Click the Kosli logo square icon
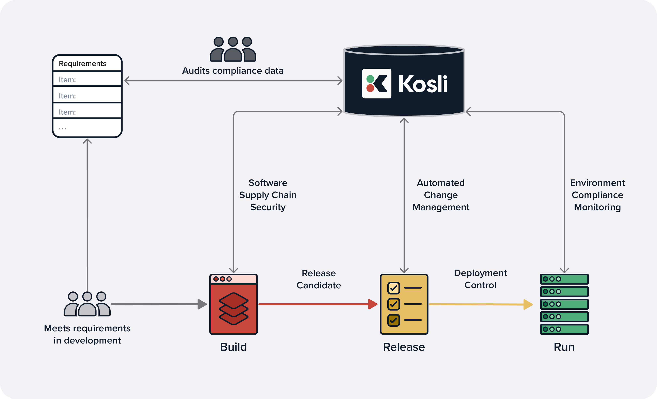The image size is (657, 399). (x=376, y=83)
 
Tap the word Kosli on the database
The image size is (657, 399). (x=423, y=84)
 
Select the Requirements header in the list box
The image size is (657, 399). (x=83, y=63)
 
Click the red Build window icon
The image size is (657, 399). (x=233, y=304)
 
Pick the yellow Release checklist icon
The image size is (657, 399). (x=404, y=304)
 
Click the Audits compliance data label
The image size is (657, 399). (x=233, y=71)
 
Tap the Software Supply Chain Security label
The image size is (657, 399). (x=268, y=195)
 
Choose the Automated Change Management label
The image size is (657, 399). (x=441, y=195)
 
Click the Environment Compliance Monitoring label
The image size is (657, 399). (x=597, y=195)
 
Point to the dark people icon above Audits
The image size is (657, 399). (x=233, y=49)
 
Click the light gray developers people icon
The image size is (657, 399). (x=87, y=304)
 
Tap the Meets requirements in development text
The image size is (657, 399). (x=87, y=334)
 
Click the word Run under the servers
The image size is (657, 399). (x=564, y=347)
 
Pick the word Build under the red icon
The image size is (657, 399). (x=233, y=347)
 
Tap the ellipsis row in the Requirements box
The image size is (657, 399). (x=87, y=128)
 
